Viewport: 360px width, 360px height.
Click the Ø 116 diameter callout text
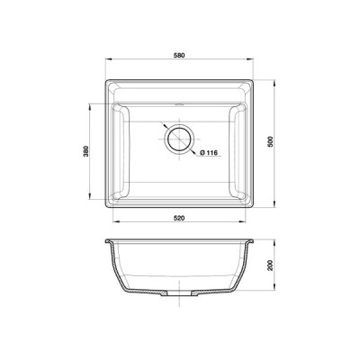(x=208, y=152)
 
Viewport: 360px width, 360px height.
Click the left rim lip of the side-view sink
(x=108, y=241)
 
